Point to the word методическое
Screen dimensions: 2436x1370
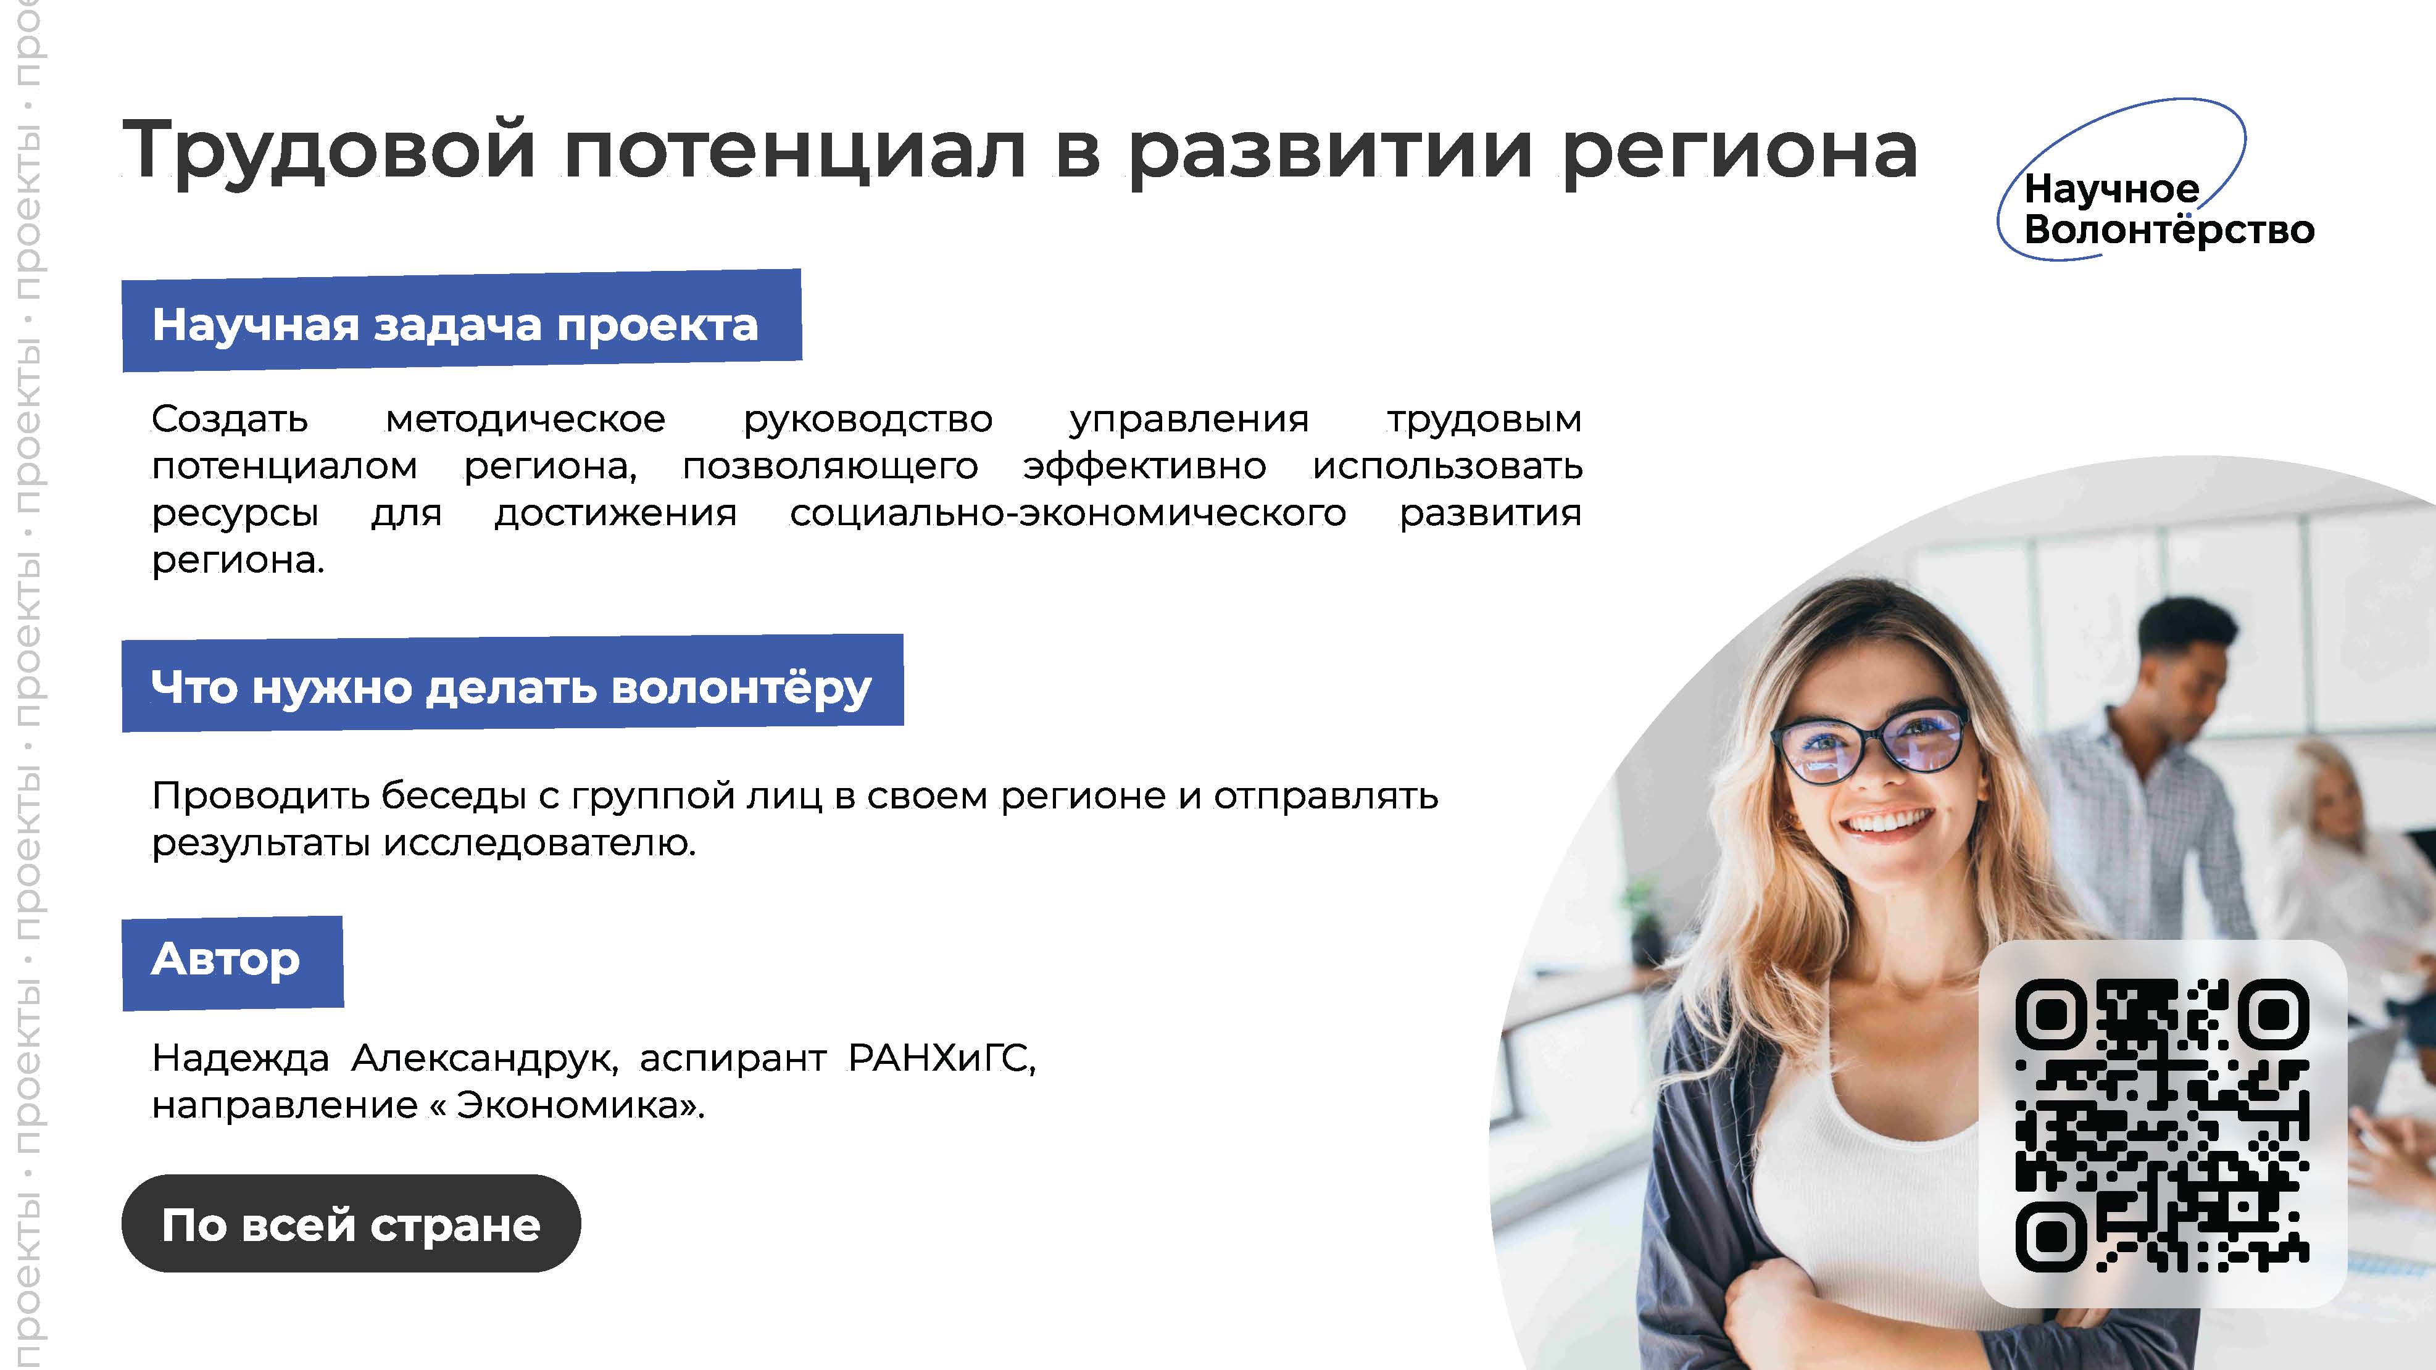[x=526, y=419]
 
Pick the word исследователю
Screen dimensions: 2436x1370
[x=539, y=842]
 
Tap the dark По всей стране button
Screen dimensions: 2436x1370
[x=351, y=1224]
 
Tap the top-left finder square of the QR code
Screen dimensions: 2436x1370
[x=2050, y=1015]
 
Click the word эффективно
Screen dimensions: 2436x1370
[x=1144, y=466]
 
